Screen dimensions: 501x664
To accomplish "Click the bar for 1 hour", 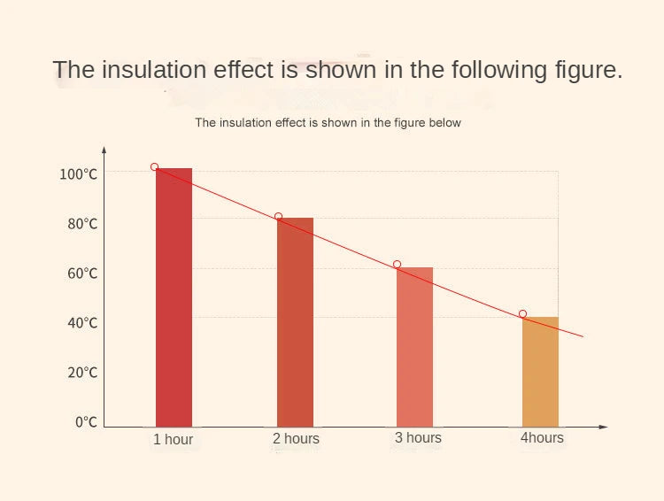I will (x=174, y=297).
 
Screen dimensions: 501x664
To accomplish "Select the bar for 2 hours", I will (x=295, y=322).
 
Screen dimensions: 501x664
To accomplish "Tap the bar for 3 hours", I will (x=415, y=347).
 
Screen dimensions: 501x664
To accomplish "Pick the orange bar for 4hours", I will (x=540, y=372).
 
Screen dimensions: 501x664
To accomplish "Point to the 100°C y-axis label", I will (x=78, y=174).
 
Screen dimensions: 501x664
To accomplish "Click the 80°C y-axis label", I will (x=81, y=224).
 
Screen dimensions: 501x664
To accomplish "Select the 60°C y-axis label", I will (x=81, y=274).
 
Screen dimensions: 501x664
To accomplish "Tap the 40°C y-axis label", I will (x=81, y=323).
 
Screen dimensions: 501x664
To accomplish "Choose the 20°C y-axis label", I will (x=81, y=373).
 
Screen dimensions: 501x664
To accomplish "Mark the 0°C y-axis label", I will (x=85, y=422).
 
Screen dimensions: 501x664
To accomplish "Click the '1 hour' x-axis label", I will (x=173, y=440).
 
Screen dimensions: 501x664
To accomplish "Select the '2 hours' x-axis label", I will (x=296, y=439).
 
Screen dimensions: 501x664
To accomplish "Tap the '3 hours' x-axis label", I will (x=418, y=438).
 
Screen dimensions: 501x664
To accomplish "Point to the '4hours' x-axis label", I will (x=542, y=438).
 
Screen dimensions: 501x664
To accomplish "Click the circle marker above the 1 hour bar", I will (x=154, y=166).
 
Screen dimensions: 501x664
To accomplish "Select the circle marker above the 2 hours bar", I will (x=278, y=216).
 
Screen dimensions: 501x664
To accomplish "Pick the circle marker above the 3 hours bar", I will (x=397, y=265).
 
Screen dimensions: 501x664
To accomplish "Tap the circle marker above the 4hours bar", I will (x=522, y=314).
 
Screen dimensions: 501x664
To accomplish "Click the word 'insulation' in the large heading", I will (x=164, y=71).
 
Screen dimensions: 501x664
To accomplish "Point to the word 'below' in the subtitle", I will (x=444, y=123).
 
